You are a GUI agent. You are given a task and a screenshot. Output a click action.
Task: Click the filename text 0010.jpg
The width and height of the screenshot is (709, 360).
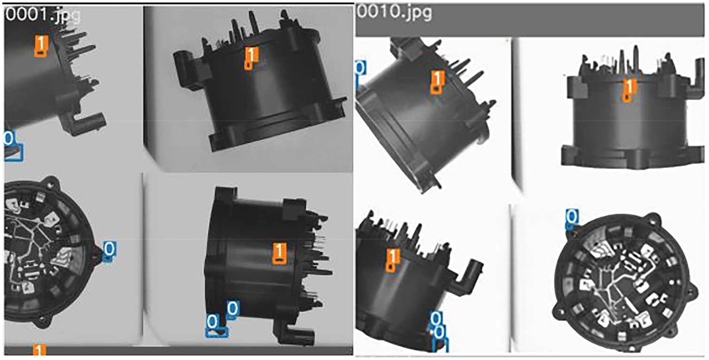(x=394, y=12)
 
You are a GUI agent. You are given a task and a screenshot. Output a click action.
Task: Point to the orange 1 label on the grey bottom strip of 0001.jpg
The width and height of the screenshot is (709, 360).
(x=39, y=351)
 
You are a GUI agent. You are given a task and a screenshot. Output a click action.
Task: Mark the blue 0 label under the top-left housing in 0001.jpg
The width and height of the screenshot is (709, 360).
(x=9, y=138)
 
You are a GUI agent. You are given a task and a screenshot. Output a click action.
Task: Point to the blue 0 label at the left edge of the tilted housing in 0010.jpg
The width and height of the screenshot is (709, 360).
(x=361, y=68)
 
